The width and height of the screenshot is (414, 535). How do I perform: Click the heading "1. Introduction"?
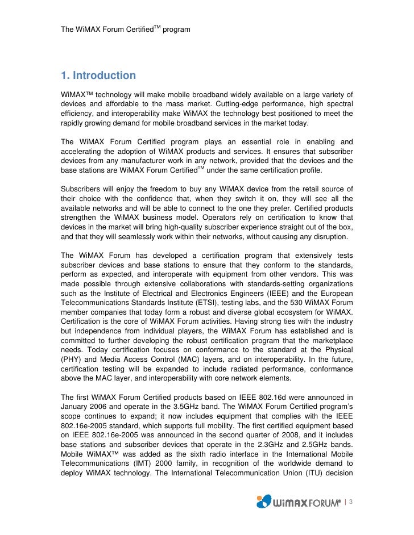click(x=98, y=76)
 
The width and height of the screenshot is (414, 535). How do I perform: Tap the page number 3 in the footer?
click(x=351, y=501)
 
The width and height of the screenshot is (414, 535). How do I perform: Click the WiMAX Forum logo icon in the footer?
click(x=263, y=501)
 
